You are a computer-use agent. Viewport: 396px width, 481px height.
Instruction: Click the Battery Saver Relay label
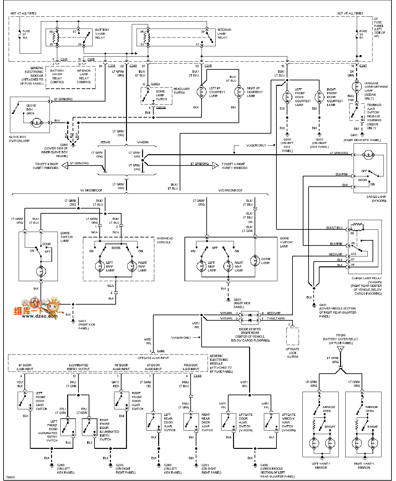102,34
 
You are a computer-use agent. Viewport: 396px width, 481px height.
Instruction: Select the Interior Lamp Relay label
224,34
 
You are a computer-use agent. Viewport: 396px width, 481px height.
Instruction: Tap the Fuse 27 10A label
26,34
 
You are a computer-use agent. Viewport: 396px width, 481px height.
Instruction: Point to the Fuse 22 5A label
363,34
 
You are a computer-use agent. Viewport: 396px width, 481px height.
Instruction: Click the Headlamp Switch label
182,91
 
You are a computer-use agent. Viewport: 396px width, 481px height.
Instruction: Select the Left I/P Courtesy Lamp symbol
202,92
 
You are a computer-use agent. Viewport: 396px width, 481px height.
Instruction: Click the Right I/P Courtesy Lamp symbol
239,92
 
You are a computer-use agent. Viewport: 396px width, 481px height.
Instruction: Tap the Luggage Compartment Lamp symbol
356,87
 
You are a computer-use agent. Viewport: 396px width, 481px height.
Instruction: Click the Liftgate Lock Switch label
292,353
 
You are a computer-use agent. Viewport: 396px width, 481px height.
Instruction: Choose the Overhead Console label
165,240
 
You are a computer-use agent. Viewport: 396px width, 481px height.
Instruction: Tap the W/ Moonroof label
91,191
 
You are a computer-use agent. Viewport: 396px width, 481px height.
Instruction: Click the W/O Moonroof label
230,191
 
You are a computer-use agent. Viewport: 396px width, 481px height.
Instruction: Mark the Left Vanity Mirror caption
321,466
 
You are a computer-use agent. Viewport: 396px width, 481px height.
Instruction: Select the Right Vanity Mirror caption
364,466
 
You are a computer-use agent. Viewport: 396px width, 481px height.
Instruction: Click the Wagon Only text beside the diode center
181,338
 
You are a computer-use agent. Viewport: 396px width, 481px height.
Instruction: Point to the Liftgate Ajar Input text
153,358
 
